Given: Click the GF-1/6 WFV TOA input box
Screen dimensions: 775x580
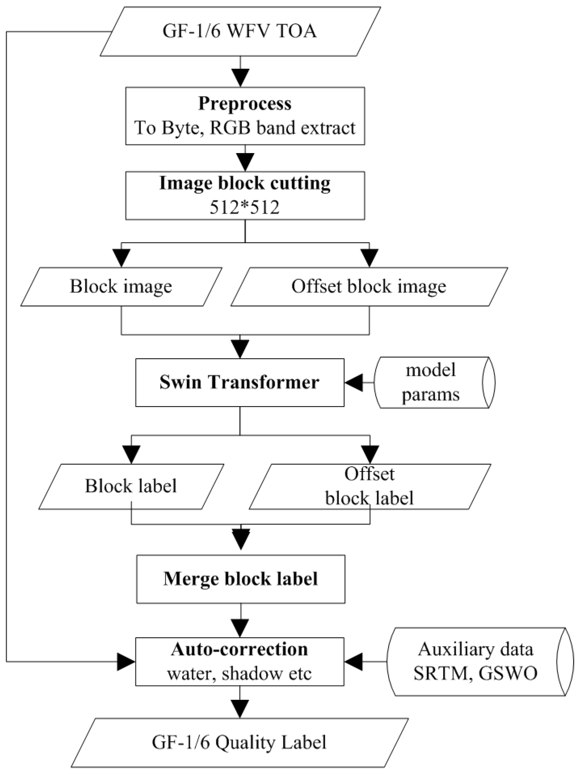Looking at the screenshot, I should coord(240,32).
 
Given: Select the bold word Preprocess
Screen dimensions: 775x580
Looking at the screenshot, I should coord(245,104).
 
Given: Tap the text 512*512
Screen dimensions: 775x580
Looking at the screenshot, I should coord(245,207).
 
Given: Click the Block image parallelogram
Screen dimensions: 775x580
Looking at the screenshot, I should coord(121,287).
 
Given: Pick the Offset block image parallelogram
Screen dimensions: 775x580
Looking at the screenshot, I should coord(369,287).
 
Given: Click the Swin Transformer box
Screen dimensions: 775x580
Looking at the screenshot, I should coord(240,382).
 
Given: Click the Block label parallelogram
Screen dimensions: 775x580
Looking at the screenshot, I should coord(131,486).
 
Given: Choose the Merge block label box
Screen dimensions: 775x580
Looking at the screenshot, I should coord(240,579).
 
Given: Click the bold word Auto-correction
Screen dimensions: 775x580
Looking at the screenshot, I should coord(239,649).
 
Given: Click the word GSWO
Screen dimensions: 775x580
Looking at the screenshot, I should coord(508,673).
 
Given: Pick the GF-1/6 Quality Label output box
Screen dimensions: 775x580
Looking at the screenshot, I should coord(239,743).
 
